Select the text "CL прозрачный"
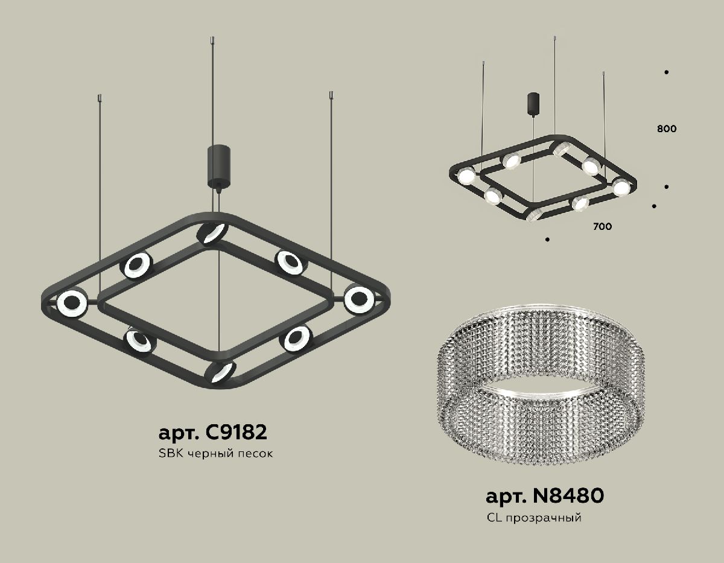point(533,518)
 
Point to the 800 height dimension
point(667,129)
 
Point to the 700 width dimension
point(602,227)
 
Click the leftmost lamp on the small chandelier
point(466,177)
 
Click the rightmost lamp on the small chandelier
point(621,187)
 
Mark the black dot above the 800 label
point(666,72)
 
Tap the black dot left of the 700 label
point(547,240)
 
